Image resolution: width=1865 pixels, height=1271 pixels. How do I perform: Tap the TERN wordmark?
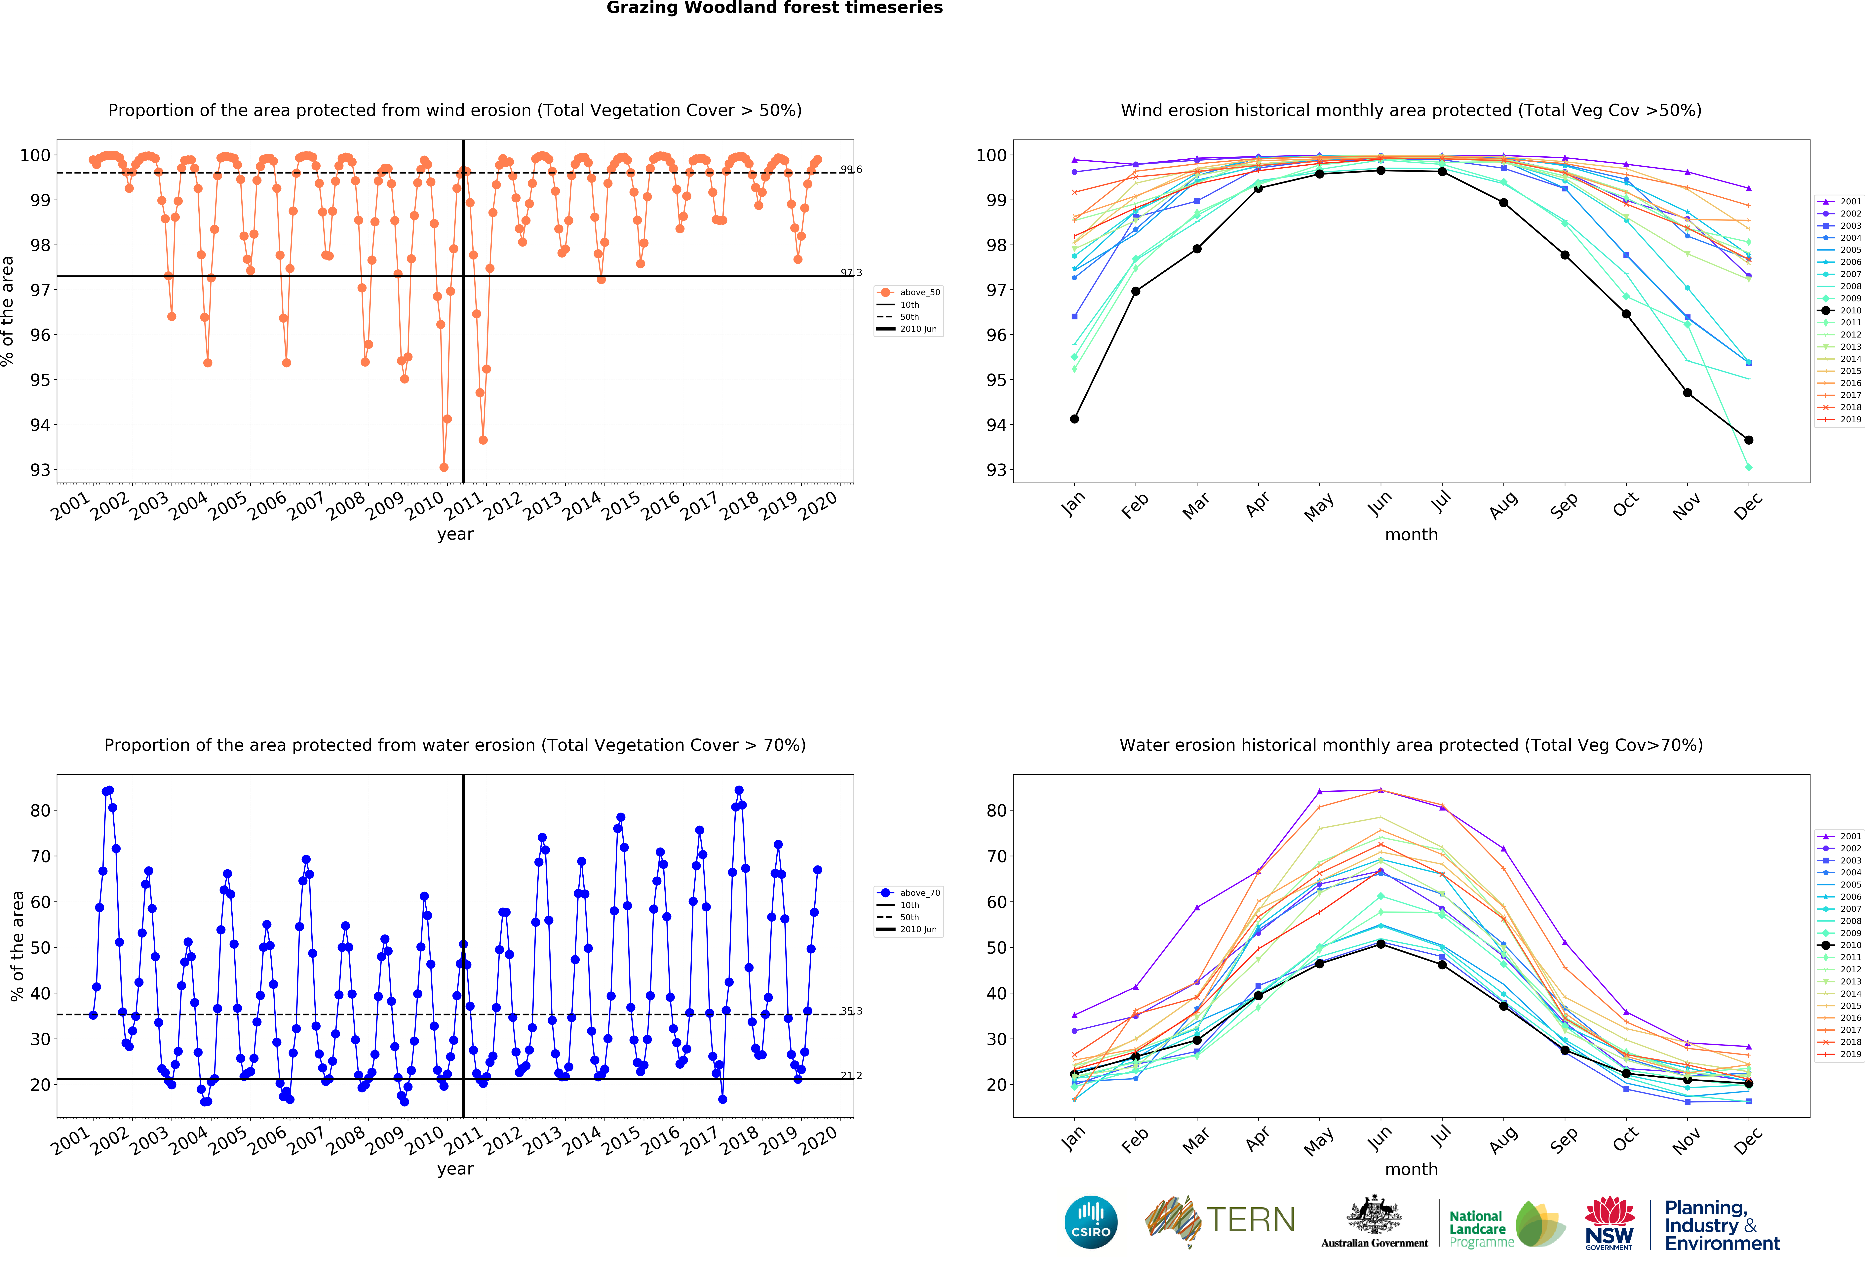[1250, 1220]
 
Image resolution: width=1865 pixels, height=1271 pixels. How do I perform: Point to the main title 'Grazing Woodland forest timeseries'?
[774, 8]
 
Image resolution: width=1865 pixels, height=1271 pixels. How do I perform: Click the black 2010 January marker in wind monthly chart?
[1074, 419]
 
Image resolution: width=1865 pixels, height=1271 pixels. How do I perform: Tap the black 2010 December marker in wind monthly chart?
[1749, 440]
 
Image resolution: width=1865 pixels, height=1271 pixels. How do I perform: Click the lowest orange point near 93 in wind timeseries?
[444, 467]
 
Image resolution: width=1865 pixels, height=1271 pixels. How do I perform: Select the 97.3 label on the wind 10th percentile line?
[851, 273]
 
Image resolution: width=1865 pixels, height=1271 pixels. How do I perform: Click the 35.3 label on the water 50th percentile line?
[851, 1011]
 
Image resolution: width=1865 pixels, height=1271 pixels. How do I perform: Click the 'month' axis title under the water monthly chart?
[1411, 1169]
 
